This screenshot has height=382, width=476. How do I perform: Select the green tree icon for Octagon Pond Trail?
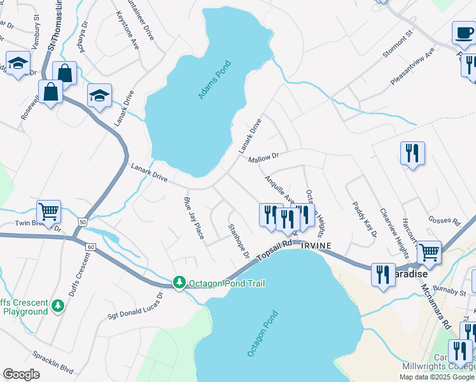(180, 283)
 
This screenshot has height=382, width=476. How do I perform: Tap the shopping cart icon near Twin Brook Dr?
(48, 211)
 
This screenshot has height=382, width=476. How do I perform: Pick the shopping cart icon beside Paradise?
(429, 251)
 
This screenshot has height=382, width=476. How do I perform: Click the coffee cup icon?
(464, 32)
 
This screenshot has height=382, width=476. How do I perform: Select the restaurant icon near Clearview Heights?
(412, 153)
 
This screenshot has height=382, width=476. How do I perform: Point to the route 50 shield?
(82, 221)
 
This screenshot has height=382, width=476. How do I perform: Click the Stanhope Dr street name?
(239, 241)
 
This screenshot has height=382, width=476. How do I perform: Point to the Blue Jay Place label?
(193, 217)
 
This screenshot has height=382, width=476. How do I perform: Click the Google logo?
(21, 374)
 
